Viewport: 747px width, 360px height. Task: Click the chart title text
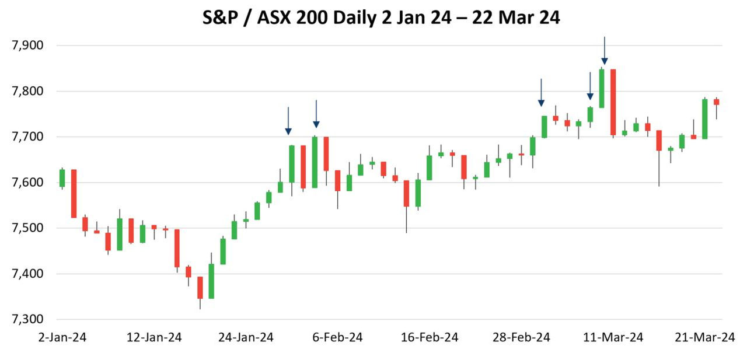click(381, 18)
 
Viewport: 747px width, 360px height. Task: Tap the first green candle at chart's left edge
click(62, 178)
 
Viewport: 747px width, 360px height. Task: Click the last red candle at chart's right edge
click(716, 102)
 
